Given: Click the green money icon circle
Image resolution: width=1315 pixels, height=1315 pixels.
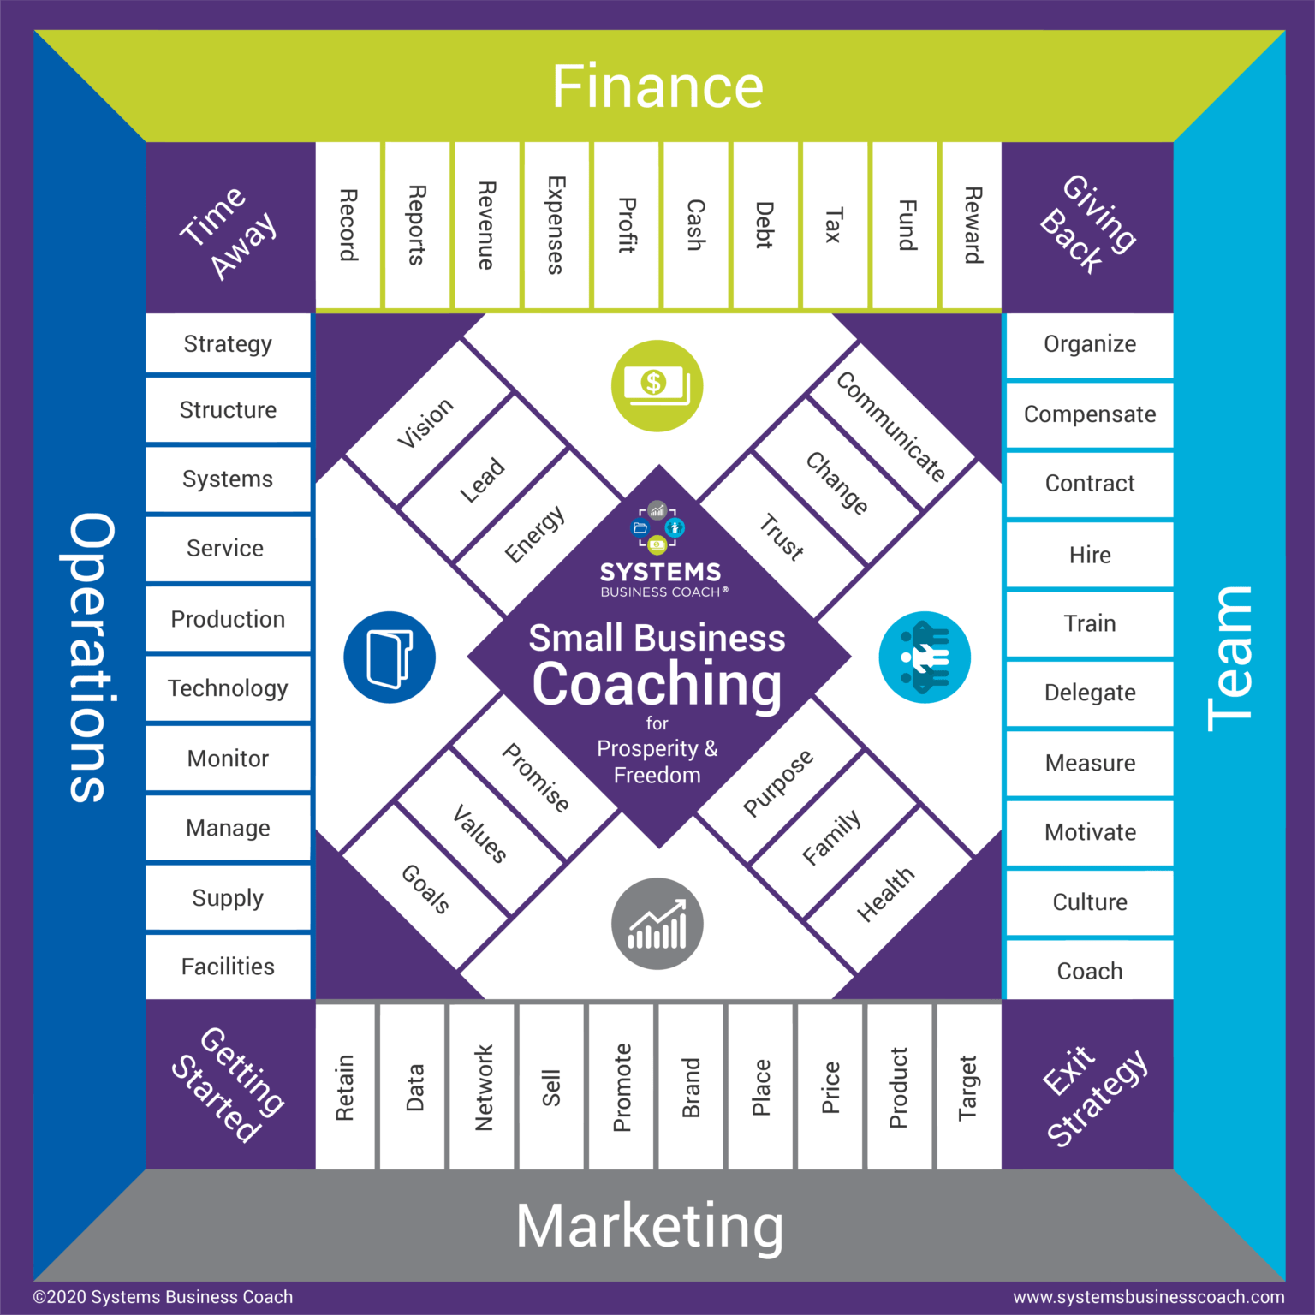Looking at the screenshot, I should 657,385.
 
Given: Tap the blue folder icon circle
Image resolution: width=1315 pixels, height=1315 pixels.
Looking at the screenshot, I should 390,657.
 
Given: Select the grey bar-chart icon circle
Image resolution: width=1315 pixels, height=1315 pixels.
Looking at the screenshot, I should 657,924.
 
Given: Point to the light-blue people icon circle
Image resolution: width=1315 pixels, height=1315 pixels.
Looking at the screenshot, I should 925,657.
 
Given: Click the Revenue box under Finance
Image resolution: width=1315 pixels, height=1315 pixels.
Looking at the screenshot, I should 486,225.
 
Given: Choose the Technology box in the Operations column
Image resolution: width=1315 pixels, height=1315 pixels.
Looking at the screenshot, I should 228,688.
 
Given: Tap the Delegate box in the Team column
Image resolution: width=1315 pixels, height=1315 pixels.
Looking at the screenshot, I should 1090,693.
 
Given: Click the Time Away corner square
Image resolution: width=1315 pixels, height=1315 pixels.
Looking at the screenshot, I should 229,228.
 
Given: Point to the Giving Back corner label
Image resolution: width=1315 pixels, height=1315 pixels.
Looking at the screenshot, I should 1087,224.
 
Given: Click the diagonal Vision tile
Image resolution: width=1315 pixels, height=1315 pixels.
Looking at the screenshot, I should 425,423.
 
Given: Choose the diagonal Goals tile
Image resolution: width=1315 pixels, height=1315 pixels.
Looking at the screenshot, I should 425,888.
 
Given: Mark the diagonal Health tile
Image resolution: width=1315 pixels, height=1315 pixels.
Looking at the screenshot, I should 886,893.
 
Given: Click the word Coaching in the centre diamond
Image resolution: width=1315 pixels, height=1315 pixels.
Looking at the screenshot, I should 657,685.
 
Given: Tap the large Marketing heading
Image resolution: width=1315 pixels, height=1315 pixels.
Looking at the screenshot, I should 650,1226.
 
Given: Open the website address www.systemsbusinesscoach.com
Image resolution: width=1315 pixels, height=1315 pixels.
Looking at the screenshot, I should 1149,1297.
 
